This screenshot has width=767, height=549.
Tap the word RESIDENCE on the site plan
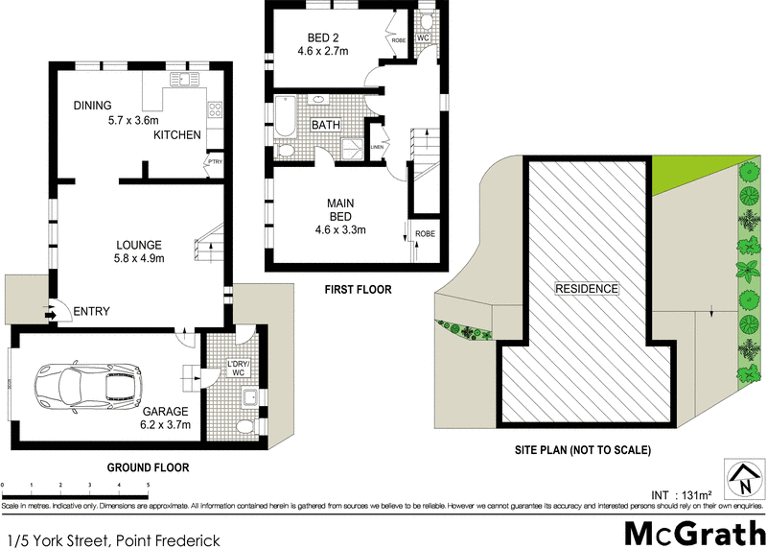pyautogui.click(x=587, y=288)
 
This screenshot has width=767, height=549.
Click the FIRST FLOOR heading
pyautogui.click(x=359, y=288)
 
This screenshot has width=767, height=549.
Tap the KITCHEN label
pyautogui.click(x=177, y=135)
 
